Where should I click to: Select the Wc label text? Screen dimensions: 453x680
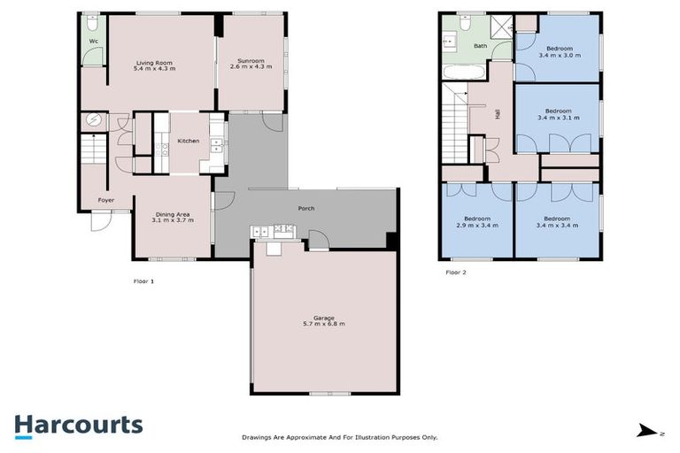point(92,41)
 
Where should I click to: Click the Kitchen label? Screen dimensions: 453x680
point(188,142)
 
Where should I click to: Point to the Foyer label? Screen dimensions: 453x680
point(106,201)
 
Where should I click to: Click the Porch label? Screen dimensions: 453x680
point(306,209)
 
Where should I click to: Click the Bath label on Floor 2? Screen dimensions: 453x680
point(480,46)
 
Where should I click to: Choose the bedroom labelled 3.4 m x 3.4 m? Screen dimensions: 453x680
point(557,222)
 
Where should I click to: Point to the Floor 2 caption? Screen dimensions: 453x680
point(455,273)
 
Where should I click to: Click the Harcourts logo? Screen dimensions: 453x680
point(78,425)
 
